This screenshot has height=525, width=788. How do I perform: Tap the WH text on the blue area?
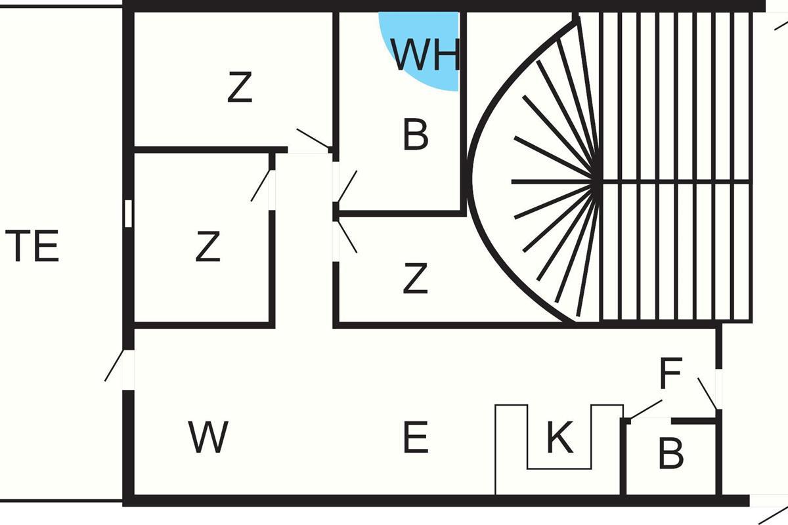coord(426,54)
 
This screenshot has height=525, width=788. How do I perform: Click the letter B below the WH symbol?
coord(416,135)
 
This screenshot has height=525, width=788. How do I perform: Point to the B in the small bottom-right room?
coord(670,453)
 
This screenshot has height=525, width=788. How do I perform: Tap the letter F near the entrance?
coord(670,374)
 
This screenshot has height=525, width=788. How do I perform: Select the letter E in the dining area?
coord(415,438)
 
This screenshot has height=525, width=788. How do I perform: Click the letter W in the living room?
coord(208,438)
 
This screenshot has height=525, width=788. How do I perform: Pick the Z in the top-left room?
coord(240,89)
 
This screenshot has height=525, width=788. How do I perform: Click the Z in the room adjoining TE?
coord(208,247)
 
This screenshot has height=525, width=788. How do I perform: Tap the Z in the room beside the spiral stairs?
coord(415,278)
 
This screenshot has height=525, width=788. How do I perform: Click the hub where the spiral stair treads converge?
coord(598,182)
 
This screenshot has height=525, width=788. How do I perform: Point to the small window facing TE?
coord(128,213)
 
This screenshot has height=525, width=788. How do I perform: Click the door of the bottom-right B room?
coord(646,408)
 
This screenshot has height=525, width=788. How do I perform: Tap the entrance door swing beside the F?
coord(707,392)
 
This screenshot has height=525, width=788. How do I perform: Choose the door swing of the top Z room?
coord(313,138)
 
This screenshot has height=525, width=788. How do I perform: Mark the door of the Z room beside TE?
coord(261,185)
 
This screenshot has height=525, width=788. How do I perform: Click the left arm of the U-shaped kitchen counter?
coord(511,450)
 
